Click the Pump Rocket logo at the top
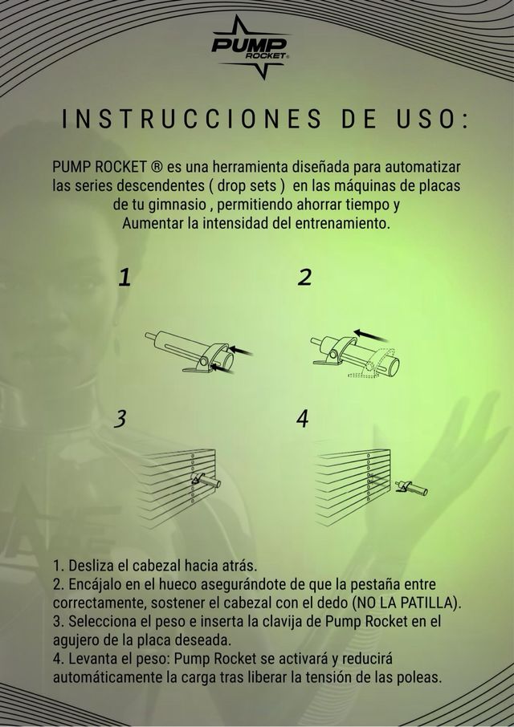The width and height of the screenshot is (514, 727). [251, 47]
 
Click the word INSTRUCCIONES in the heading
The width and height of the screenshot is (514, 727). [191, 119]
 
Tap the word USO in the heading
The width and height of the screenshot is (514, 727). [422, 119]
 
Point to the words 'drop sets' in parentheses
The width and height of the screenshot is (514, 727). [251, 185]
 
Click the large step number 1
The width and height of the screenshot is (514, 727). [124, 278]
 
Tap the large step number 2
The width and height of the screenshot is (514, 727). [304, 278]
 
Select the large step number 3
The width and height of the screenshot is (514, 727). [120, 419]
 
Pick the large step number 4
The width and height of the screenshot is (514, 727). [303, 419]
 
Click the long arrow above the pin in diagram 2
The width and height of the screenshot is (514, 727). [371, 335]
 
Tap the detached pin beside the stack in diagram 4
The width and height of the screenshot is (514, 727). [411, 487]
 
